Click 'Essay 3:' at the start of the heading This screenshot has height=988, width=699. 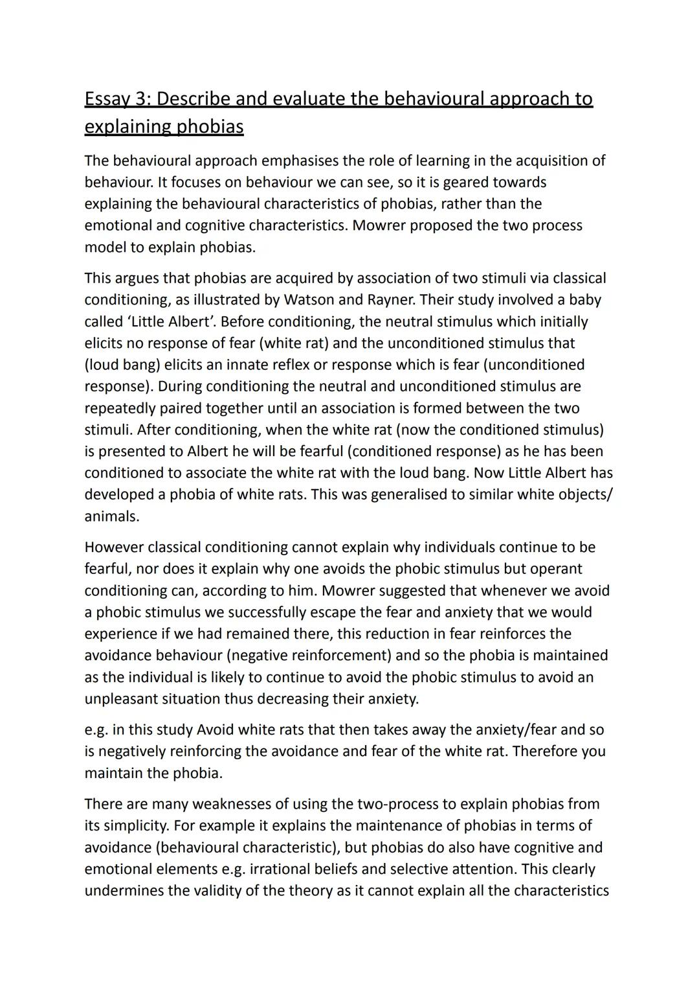pos(117,99)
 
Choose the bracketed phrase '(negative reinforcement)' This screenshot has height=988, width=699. pos(272,656)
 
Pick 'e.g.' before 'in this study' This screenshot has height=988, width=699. pos(96,730)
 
